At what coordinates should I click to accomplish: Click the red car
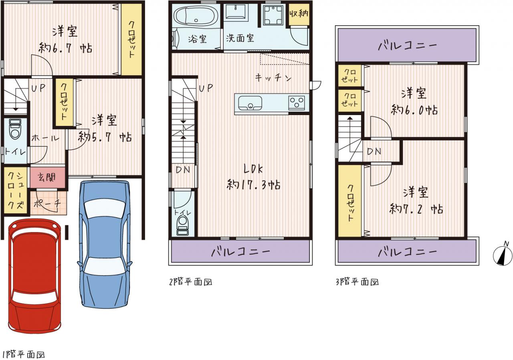click(x=35, y=276)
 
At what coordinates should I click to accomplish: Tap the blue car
click(x=105, y=244)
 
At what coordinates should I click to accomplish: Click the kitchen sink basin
click(x=250, y=103)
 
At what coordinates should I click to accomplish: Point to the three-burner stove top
click(x=297, y=103)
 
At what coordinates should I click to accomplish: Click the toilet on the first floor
click(x=15, y=129)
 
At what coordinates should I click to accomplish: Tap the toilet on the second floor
click(x=183, y=226)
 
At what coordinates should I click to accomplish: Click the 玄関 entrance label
click(x=47, y=178)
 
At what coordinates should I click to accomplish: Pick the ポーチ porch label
click(x=47, y=203)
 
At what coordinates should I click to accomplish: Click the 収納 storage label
click(x=299, y=14)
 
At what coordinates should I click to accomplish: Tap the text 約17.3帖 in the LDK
click(x=254, y=185)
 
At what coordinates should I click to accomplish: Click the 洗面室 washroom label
click(x=240, y=38)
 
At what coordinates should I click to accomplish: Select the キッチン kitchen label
click(x=273, y=78)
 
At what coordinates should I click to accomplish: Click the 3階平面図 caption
click(x=357, y=282)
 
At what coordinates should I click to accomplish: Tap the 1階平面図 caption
click(x=23, y=355)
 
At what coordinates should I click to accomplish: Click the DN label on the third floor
click(x=374, y=152)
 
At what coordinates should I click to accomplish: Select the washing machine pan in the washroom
click(x=273, y=15)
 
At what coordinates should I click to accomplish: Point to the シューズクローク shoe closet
click(x=15, y=190)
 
